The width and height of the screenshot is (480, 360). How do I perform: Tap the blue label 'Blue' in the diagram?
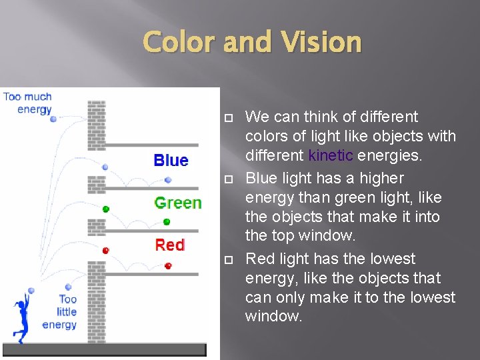click(171, 160)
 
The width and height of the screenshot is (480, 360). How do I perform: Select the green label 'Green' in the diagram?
click(177, 203)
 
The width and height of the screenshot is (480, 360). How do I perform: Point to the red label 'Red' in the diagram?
click(169, 245)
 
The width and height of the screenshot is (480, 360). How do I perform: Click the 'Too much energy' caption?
click(27, 103)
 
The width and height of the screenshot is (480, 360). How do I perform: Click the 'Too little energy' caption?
click(60, 311)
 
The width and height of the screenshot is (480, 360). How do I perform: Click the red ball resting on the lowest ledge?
click(168, 266)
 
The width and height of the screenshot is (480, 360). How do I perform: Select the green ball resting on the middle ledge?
click(167, 221)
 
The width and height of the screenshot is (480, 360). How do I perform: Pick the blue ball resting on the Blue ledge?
click(168, 179)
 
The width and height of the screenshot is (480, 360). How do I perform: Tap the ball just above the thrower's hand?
click(31, 291)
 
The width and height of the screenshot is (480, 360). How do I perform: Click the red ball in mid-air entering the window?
click(105, 251)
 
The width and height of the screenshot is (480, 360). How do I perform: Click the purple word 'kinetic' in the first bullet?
click(331, 156)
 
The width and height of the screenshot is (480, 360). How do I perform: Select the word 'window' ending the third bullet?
click(273, 316)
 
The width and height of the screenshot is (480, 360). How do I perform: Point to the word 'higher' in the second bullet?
click(381, 179)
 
